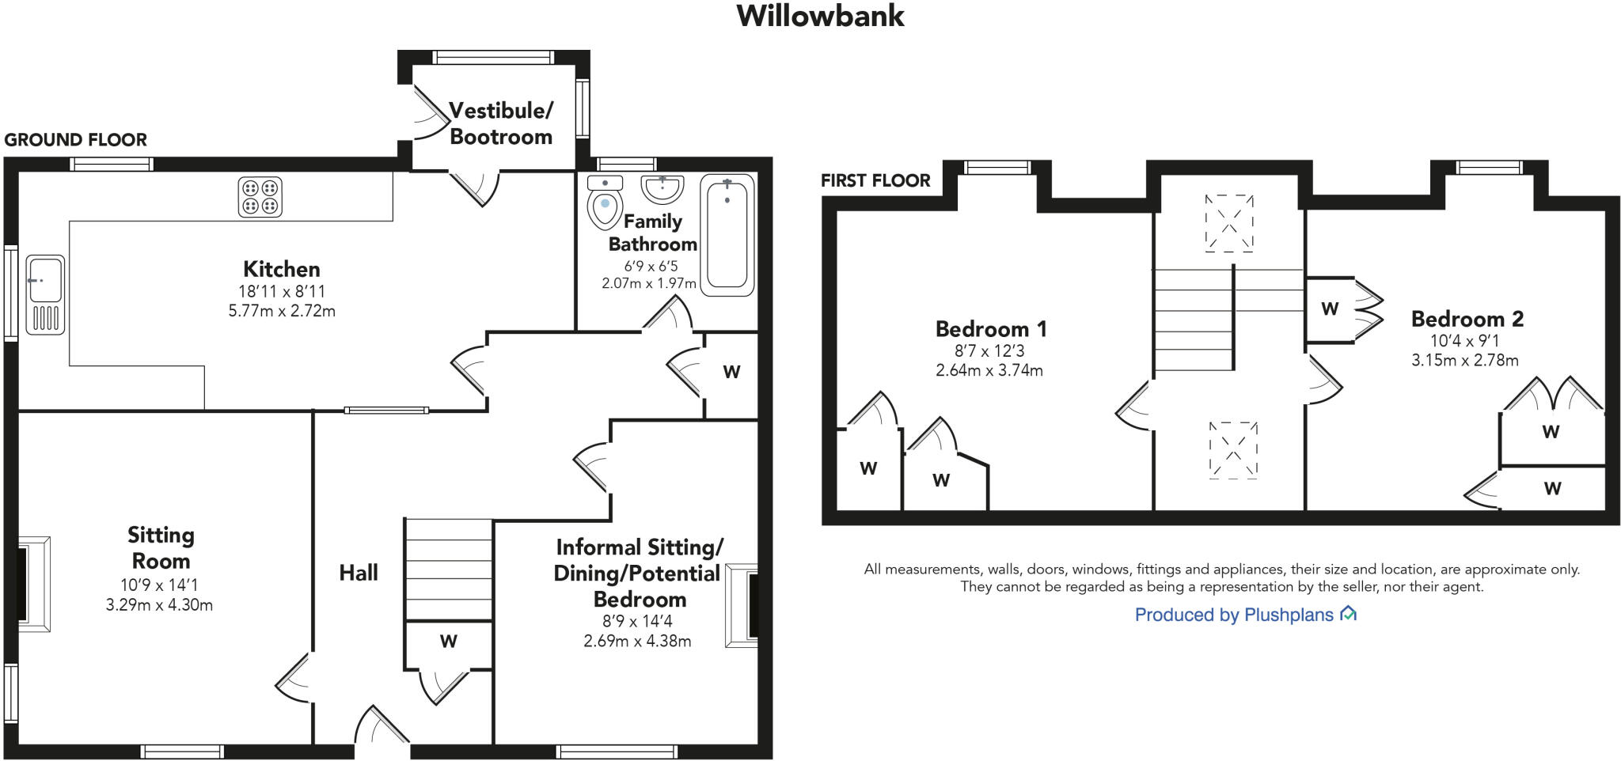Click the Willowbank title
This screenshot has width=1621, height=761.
click(820, 16)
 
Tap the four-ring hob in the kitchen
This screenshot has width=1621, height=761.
click(260, 197)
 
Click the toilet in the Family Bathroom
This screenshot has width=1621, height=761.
click(606, 202)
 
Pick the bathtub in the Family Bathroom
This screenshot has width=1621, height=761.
click(727, 234)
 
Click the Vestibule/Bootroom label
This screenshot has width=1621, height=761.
click(500, 123)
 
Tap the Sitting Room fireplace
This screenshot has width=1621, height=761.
click(33, 584)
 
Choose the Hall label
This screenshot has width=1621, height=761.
click(359, 573)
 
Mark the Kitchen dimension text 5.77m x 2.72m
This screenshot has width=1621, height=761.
click(282, 311)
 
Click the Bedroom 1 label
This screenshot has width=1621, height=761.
click(991, 328)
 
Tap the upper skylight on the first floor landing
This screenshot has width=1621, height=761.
click(1229, 224)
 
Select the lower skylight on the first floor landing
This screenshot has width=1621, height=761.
click(1233, 450)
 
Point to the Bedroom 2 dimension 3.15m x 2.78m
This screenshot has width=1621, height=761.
click(1464, 361)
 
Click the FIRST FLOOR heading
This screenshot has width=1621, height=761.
click(875, 180)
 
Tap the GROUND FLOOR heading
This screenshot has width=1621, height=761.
click(75, 140)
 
